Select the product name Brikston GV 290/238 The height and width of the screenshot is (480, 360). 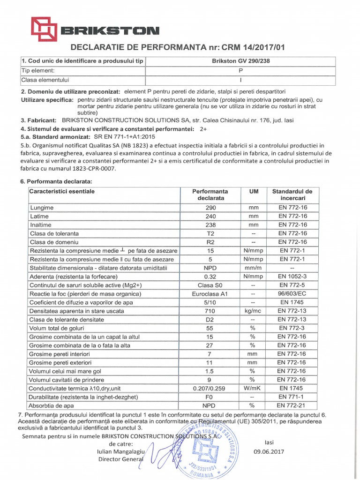coord(241,61)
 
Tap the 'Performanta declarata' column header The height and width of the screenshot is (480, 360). coord(210,195)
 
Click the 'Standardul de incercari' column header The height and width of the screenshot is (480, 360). coord(292,195)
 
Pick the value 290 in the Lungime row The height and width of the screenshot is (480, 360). coord(210,208)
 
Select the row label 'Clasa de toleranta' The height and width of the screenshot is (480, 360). coord(54,233)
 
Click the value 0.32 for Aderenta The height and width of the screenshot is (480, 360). coord(210,277)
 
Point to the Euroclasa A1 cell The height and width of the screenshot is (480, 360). coord(210,294)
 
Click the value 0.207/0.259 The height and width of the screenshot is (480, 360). coord(210,389)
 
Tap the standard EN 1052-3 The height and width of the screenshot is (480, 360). coord(292,277)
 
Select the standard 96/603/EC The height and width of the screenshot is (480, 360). coord(292,294)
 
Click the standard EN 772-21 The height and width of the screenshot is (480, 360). coord(292,405)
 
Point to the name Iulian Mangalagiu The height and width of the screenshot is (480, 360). coord(118,452)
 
